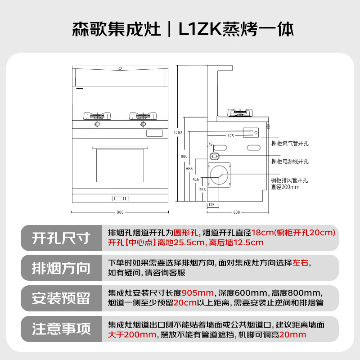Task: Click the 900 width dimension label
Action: click(x=120, y=212)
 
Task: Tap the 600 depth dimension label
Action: click(x=237, y=212)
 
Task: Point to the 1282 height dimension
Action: click(x=178, y=132)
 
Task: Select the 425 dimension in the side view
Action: click(x=230, y=136)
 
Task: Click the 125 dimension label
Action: click(x=211, y=205)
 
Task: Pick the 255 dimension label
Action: click(x=202, y=189)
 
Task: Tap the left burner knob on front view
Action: click(x=97, y=124)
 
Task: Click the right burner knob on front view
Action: click(x=143, y=124)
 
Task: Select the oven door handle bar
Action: click(x=120, y=148)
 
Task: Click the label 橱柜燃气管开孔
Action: click(x=290, y=144)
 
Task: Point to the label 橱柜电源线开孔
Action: click(x=290, y=162)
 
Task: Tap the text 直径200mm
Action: click(x=285, y=187)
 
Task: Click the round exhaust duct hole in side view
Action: click(x=219, y=175)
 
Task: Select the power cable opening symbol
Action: click(x=215, y=156)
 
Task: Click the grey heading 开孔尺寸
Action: click(x=61, y=238)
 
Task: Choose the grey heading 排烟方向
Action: click(x=61, y=268)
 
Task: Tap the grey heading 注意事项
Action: click(x=61, y=329)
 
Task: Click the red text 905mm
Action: click(x=198, y=293)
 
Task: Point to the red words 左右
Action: click(x=300, y=263)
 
